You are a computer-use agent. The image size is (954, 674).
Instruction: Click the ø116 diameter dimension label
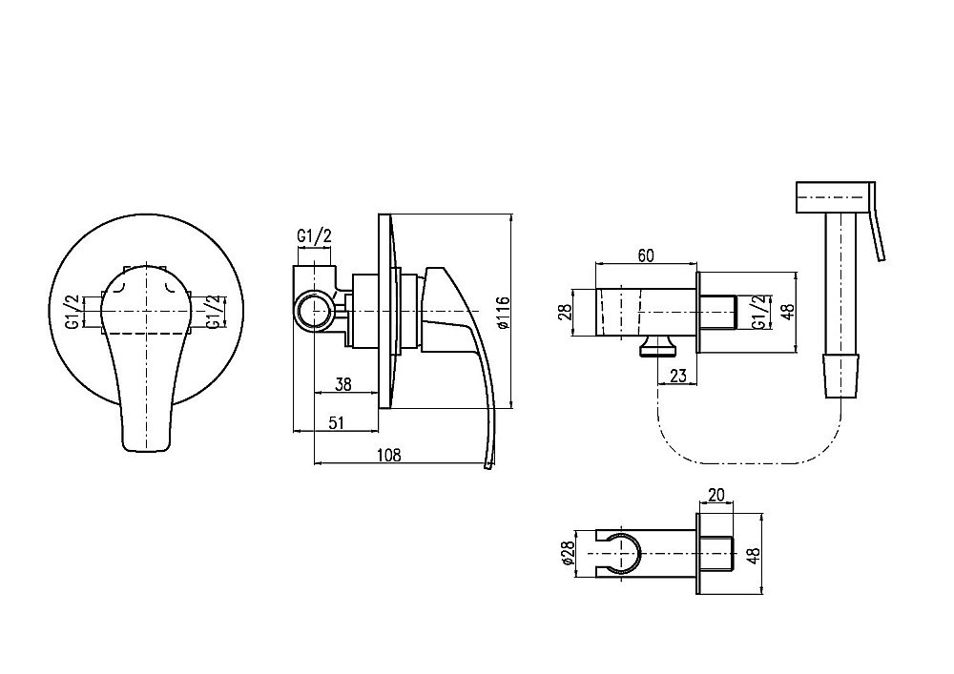503,311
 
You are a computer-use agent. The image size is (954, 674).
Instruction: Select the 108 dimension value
389,455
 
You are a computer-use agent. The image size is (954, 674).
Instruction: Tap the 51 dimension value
335,422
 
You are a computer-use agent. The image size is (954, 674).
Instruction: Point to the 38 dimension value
343,385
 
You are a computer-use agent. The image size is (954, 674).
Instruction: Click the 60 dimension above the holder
646,255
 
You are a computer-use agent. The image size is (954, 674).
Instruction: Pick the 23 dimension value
677,377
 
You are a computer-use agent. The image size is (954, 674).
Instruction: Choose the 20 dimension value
716,495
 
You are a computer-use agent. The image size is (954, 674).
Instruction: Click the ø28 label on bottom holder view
569,554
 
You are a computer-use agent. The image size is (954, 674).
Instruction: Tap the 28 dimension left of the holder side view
565,312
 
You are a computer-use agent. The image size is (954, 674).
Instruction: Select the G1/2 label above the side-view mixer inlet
315,235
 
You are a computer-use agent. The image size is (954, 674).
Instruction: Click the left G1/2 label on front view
73,312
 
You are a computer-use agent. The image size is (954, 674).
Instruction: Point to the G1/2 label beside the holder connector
759,313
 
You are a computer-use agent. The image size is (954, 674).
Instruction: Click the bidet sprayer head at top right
836,196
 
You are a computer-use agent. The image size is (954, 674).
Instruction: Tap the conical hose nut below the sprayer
841,376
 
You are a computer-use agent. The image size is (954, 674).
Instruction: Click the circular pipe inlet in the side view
315,311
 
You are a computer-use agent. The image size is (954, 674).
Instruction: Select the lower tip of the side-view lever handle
487,467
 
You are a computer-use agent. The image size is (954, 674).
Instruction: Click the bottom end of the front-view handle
147,451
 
